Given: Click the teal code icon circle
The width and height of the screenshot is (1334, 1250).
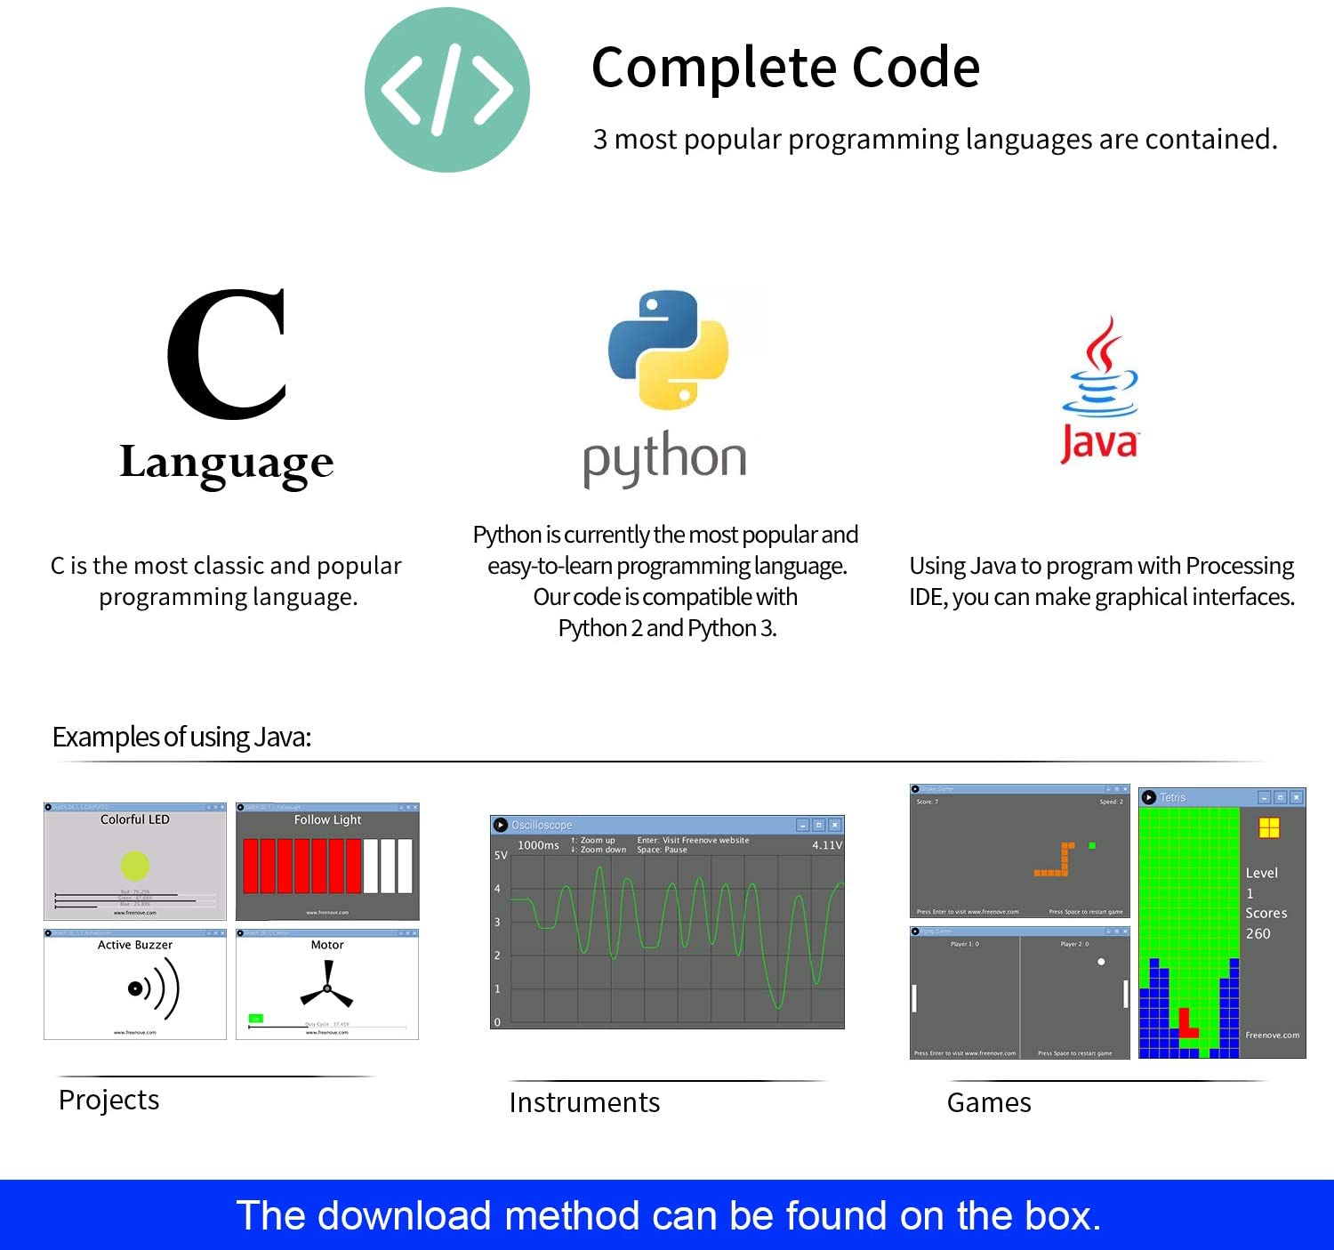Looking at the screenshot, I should pyautogui.click(x=446, y=90).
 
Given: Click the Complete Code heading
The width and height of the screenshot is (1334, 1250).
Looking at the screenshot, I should pyautogui.click(x=785, y=68).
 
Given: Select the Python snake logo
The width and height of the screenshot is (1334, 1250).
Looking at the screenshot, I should pyautogui.click(x=668, y=350).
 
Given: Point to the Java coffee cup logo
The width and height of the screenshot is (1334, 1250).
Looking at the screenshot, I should pyautogui.click(x=1100, y=371).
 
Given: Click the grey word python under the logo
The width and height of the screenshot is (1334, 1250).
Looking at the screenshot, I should pyautogui.click(x=664, y=458).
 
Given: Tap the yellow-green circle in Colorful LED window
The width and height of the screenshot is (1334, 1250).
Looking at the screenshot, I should pyautogui.click(x=134, y=865).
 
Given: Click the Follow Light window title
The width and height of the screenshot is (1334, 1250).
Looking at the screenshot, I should pyautogui.click(x=327, y=819).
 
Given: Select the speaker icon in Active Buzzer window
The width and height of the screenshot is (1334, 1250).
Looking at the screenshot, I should pyautogui.click(x=153, y=988).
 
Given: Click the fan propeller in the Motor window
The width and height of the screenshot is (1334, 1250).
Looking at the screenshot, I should pyautogui.click(x=327, y=988).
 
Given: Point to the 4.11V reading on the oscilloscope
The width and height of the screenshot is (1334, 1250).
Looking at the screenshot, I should pyautogui.click(x=826, y=845).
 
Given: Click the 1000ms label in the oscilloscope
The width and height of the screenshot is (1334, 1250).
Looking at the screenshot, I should pyautogui.click(x=538, y=845).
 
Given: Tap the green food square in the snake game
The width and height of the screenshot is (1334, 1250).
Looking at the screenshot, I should pyautogui.click(x=1092, y=845).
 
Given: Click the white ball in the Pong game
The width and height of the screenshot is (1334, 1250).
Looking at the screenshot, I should pyautogui.click(x=1101, y=962).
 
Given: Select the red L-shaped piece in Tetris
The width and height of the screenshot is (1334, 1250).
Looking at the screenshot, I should pyautogui.click(x=1186, y=1024).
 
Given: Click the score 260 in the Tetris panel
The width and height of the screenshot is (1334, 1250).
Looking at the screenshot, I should pyautogui.click(x=1258, y=933).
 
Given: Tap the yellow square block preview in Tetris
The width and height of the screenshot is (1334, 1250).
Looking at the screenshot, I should pyautogui.click(x=1268, y=828).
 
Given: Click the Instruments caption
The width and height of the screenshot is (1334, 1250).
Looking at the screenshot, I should pyautogui.click(x=584, y=1102).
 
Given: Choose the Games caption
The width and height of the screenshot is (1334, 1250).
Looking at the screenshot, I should pyautogui.click(x=989, y=1102).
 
